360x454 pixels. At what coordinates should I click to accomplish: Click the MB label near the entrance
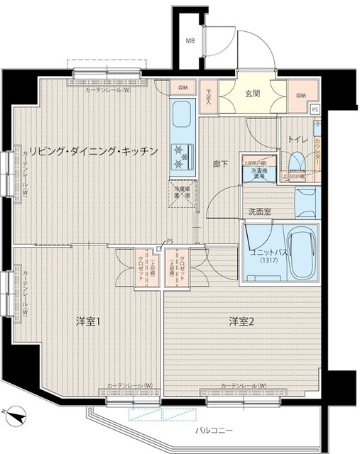tap(190, 41)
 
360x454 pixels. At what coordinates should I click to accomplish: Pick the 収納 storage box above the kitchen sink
tap(183, 88)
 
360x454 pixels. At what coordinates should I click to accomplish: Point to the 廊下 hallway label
tap(221, 164)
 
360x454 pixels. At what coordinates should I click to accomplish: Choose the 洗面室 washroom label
tap(260, 212)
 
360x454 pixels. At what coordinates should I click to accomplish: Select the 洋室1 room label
tap(88, 321)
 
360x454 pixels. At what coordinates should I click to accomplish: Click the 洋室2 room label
tap(241, 321)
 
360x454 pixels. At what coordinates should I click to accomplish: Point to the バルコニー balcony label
tap(216, 431)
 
